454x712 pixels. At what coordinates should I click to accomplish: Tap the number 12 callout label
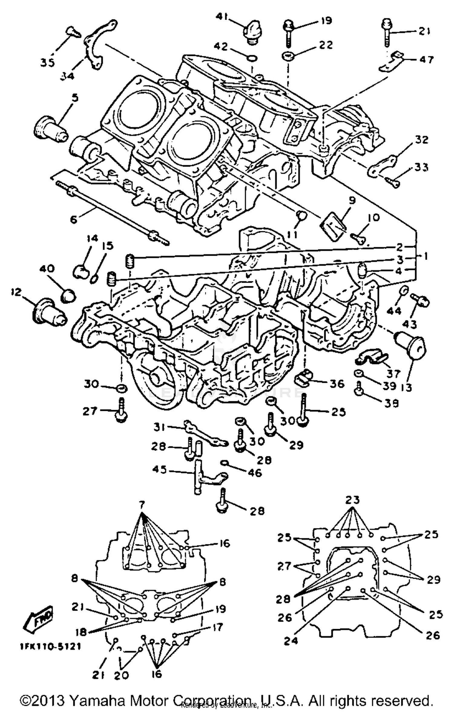(17, 292)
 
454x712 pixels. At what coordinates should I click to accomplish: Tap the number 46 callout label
(255, 473)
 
